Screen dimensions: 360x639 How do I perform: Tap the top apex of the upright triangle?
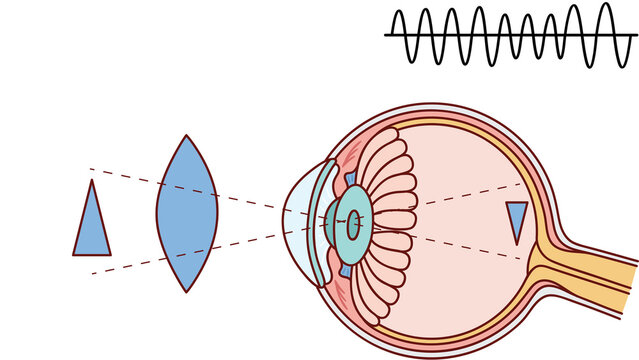(92, 181)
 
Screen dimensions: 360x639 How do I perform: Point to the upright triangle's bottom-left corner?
(74, 254)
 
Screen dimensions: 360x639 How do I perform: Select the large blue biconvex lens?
(186, 213)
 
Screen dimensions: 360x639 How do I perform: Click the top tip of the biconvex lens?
(186, 136)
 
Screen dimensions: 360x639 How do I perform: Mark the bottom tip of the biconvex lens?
(186, 291)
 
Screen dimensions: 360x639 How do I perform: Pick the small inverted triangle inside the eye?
(516, 217)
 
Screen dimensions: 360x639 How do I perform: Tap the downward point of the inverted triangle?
(516, 243)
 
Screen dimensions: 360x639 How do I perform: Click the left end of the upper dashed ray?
(90, 169)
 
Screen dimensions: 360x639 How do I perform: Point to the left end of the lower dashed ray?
(91, 273)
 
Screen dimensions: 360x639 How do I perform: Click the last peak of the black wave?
(604, 5)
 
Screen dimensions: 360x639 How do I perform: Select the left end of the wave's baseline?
(386, 35)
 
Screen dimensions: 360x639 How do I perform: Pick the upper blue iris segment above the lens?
(349, 180)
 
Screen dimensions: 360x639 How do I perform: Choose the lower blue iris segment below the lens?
(345, 268)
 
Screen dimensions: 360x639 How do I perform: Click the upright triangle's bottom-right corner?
(110, 254)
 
